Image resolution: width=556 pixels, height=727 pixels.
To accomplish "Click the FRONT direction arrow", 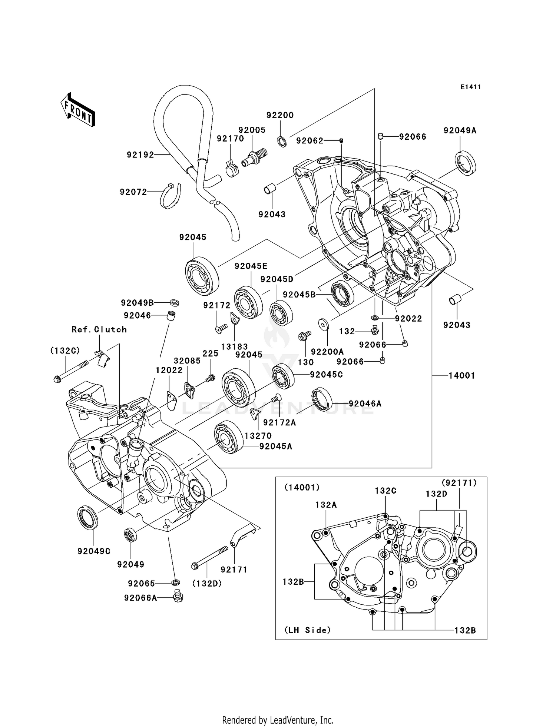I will pyautogui.click(x=78, y=110).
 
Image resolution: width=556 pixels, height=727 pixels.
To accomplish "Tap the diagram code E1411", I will pyautogui.click(x=471, y=87).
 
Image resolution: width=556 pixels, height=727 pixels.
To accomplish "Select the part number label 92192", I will pyautogui.click(x=140, y=155).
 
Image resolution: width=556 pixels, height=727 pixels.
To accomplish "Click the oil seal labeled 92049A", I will pyautogui.click(x=466, y=163).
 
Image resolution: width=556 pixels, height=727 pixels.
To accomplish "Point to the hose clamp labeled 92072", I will pyautogui.click(x=171, y=196).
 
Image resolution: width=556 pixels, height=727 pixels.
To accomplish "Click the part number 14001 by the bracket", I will pyautogui.click(x=461, y=376).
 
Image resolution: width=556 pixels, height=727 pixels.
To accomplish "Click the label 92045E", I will pyautogui.click(x=251, y=266).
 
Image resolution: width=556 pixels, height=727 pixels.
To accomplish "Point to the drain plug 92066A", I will pyautogui.click(x=178, y=595).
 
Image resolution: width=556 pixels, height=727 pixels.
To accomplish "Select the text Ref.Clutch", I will pyautogui.click(x=99, y=329).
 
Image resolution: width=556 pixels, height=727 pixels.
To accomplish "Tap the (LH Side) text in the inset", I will pyautogui.click(x=307, y=630).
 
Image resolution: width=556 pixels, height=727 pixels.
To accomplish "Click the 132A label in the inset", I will pyautogui.click(x=326, y=505).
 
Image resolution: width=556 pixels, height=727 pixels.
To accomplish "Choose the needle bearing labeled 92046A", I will pyautogui.click(x=322, y=399).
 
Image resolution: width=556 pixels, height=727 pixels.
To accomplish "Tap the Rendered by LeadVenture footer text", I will pyautogui.click(x=278, y=720).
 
